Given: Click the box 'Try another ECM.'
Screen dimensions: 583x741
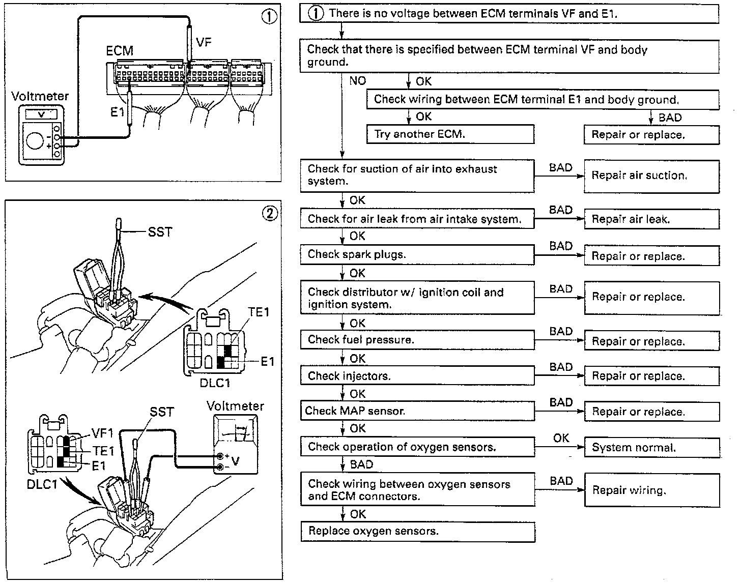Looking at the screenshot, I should [450, 135].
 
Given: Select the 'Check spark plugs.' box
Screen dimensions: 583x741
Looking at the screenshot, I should [417, 254].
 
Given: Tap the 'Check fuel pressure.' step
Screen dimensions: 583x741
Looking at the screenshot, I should [417, 340].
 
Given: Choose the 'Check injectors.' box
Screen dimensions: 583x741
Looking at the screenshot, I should [417, 376].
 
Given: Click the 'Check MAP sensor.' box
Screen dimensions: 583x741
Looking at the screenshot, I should [417, 411].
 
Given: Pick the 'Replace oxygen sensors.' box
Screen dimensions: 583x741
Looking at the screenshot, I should [417, 532].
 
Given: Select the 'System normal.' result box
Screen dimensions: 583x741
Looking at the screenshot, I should [651, 448].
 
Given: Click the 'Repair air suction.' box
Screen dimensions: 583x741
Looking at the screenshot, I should [651, 176].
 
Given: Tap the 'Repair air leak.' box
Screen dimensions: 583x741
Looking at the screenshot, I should [651, 220].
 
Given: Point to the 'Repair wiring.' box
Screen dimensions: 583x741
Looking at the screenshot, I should [651, 490].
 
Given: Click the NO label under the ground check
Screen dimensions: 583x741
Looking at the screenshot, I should [357, 80].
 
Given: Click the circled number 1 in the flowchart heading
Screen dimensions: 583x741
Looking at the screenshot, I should [316, 14].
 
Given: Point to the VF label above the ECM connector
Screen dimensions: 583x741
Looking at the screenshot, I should [204, 43].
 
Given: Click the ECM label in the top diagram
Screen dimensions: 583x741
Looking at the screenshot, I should [120, 51].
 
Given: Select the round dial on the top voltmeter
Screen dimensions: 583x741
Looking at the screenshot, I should [35, 140].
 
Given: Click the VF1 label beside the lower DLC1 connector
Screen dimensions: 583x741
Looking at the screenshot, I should [102, 433].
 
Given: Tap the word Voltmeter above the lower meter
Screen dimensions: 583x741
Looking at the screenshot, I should [235, 406].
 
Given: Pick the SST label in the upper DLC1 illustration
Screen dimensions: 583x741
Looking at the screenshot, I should [160, 232].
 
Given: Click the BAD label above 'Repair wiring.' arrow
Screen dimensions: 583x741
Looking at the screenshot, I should [561, 481].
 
